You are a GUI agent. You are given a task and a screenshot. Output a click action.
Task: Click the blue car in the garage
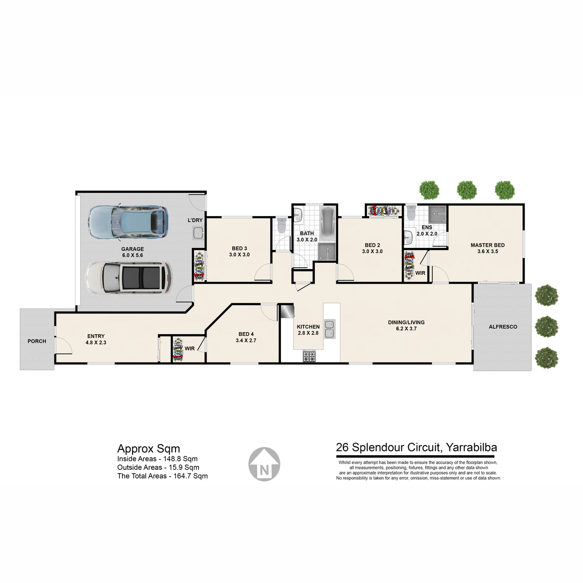(128, 222)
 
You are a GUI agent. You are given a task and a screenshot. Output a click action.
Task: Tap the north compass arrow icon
(264, 464)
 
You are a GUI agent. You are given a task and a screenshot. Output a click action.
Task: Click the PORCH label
(37, 341)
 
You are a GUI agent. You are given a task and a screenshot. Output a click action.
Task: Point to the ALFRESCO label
(503, 327)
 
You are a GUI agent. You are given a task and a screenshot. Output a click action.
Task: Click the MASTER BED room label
(487, 245)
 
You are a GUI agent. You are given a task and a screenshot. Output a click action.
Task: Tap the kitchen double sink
(329, 329)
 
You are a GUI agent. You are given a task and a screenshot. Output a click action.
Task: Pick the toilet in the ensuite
(411, 213)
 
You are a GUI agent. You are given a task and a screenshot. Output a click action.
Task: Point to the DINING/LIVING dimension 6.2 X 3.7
(406, 328)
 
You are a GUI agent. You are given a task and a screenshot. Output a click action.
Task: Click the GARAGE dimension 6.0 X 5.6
(133, 255)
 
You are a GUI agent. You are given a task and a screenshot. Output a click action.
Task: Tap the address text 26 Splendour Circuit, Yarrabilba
(416, 447)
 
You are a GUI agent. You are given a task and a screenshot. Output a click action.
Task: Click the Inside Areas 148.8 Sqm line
(157, 459)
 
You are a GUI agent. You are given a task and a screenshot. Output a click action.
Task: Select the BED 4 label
(246, 334)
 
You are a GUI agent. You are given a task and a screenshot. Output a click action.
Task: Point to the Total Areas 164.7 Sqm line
(162, 476)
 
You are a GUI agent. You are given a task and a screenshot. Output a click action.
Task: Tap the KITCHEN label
(308, 327)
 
